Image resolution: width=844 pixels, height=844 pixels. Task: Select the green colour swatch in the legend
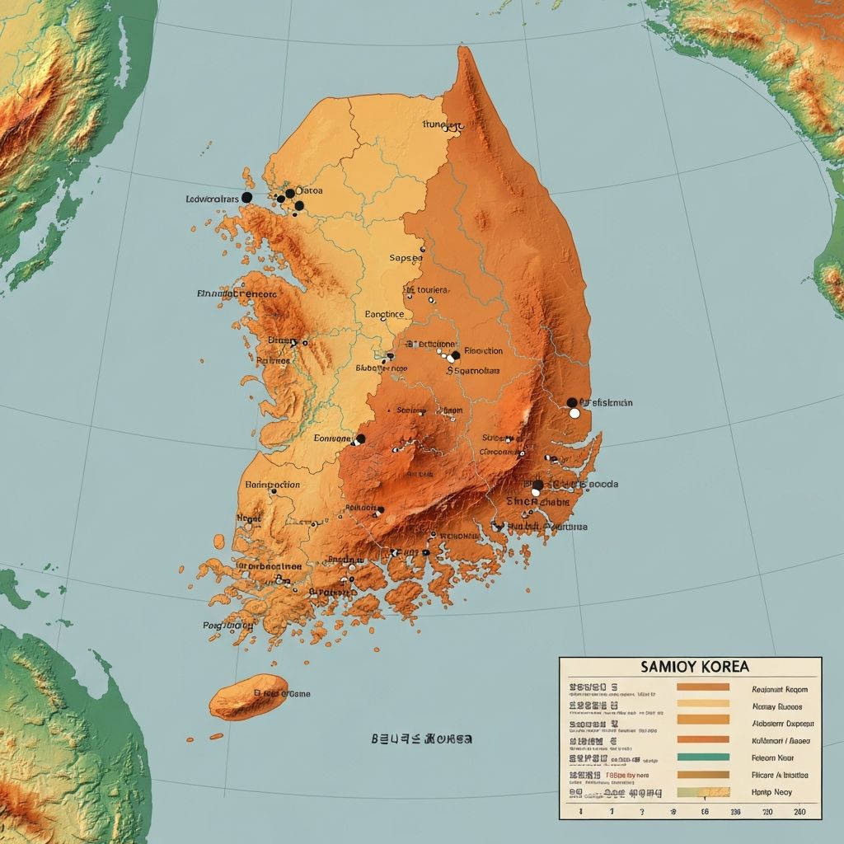coord(702,757)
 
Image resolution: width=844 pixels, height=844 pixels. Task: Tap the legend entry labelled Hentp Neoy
coord(771,791)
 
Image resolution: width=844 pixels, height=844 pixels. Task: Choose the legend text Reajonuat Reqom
coord(780,689)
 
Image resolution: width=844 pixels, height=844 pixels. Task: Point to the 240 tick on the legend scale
coord(799,812)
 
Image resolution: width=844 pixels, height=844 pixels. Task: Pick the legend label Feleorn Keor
coord(773,757)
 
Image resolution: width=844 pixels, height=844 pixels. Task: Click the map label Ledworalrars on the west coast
coord(212,199)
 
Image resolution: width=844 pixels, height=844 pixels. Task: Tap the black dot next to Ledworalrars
coord(246,198)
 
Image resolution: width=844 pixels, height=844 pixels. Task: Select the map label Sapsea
coord(405,258)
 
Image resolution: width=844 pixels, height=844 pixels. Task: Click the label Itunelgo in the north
coord(443,125)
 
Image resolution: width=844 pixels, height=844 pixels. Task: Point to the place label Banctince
coord(384,314)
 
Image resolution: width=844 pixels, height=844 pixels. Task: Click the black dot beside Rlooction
coord(455,355)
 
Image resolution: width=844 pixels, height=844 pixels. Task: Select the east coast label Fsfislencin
coord(607,403)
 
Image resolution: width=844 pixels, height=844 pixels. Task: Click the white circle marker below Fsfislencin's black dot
coord(574,413)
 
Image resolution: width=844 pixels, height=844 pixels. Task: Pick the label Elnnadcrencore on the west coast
coord(237,293)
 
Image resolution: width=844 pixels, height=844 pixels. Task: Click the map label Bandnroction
coord(274,485)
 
